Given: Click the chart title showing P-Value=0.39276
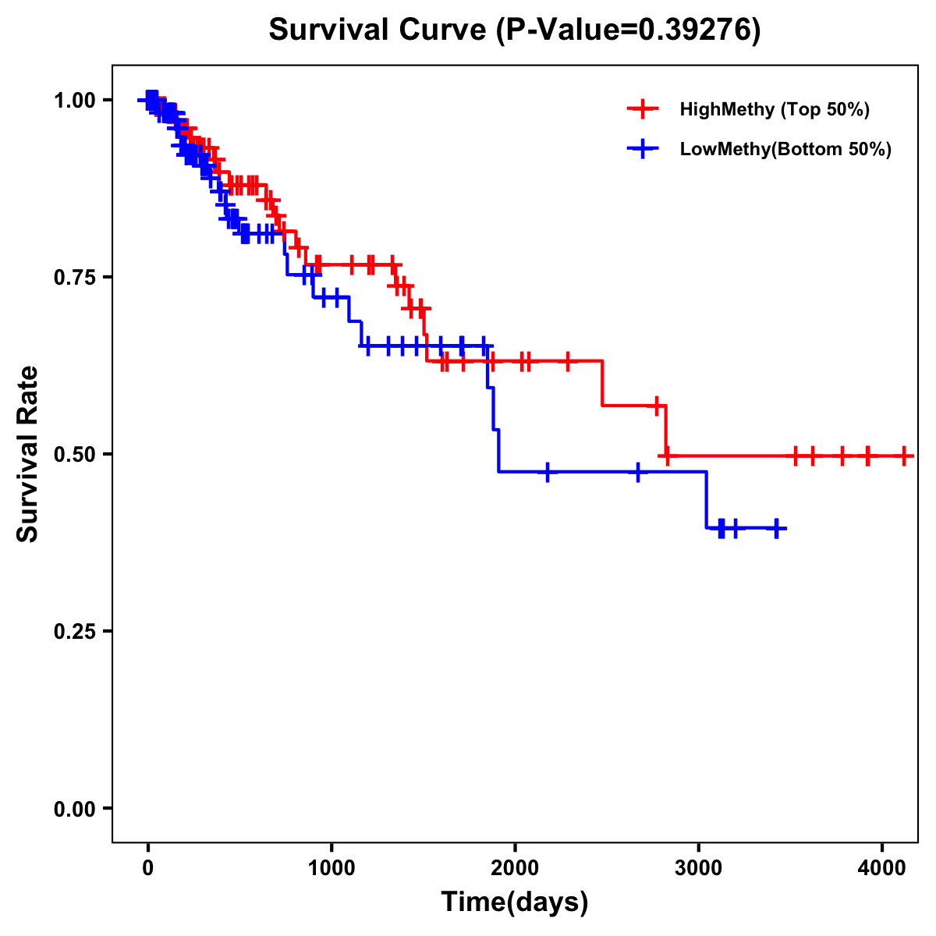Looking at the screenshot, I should pos(514,30).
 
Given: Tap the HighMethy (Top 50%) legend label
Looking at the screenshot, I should pos(774,109).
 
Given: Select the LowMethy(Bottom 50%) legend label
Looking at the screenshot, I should pos(785,149).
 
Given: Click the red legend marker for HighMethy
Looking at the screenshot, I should pos(643,109).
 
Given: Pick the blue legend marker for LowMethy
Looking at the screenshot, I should pos(643,149).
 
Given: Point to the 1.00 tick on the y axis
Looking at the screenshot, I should pos(75,101).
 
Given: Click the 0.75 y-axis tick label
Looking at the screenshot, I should pos(75,278).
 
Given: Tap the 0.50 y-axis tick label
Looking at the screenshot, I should pos(75,455).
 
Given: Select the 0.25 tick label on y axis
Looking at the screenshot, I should pos(75,632).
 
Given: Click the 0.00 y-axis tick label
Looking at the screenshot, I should pos(75,809).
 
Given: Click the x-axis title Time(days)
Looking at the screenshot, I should pos(515,902).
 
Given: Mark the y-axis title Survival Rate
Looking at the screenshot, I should pos(29,453).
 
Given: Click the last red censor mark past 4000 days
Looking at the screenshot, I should pos(903,456).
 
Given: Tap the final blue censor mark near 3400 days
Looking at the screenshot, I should pos(776,528).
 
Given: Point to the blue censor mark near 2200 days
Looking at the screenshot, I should pos(548,472).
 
